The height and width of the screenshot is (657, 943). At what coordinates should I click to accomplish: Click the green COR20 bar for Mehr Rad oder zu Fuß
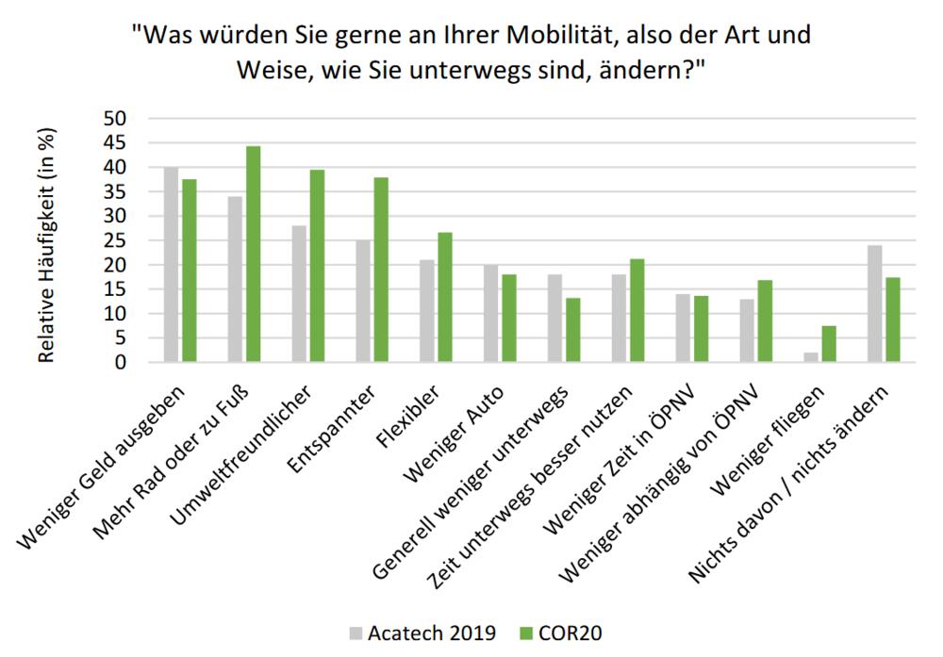(x=254, y=255)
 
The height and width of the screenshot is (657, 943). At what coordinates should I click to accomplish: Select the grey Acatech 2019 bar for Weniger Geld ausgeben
(x=171, y=265)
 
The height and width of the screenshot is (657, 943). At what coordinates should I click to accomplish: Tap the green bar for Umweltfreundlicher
(x=318, y=266)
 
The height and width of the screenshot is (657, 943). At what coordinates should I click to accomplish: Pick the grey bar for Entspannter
(x=363, y=302)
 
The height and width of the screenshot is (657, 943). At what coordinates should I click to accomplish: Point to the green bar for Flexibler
(x=445, y=297)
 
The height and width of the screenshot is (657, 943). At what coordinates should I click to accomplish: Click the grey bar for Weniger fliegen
(x=810, y=357)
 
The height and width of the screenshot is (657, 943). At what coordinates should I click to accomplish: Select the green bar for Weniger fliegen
(x=829, y=344)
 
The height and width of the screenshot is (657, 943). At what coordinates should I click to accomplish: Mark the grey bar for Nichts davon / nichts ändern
(x=875, y=304)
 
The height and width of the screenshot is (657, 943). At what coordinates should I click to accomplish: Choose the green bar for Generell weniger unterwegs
(x=573, y=330)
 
